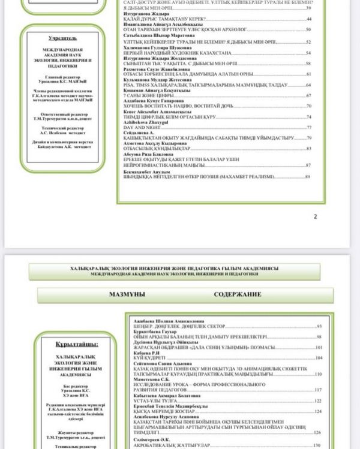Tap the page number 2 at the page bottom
[316, 216]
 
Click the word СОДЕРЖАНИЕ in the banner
[238, 295]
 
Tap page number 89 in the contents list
[308, 177]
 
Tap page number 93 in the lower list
[319, 326]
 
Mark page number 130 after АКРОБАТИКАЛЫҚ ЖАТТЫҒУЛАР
[317, 446]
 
